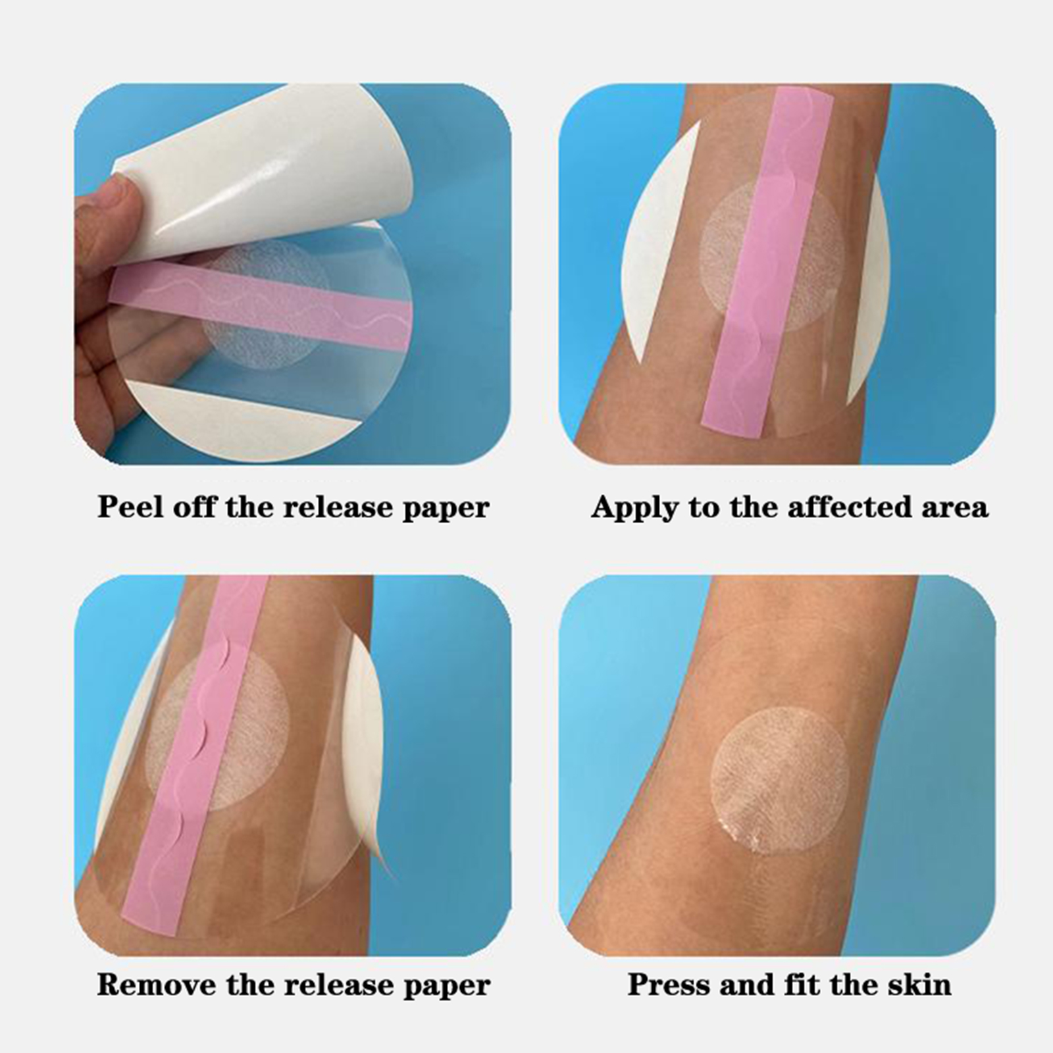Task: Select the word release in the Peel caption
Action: [332, 507]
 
